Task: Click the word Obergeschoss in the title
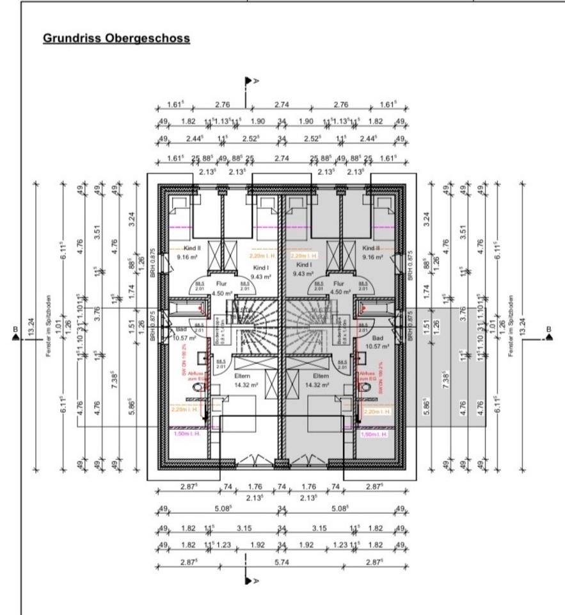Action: (152, 38)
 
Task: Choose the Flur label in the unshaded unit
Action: (221, 283)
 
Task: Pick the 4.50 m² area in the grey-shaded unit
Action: (339, 292)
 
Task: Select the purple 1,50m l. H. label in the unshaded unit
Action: (187, 434)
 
